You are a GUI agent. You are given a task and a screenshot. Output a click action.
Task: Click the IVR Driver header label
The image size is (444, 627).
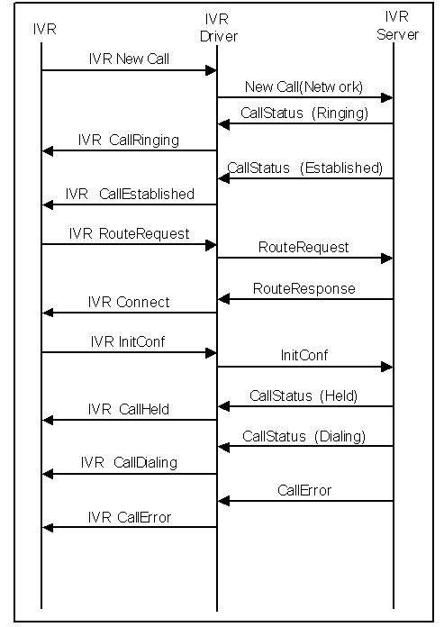(219, 28)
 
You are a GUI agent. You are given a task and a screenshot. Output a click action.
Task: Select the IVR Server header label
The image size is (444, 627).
(397, 25)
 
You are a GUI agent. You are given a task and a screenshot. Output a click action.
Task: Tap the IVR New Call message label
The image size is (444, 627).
(129, 59)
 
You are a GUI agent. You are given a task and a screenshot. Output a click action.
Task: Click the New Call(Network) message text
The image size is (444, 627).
(304, 86)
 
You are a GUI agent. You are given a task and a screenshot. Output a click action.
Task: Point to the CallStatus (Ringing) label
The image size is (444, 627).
(304, 114)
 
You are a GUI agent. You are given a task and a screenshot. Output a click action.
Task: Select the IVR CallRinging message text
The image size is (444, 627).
(129, 141)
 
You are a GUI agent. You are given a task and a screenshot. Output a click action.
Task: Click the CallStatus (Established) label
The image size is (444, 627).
(305, 168)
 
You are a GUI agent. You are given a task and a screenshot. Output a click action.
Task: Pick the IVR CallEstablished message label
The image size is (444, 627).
(130, 194)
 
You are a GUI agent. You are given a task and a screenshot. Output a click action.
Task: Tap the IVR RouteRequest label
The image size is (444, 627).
(129, 234)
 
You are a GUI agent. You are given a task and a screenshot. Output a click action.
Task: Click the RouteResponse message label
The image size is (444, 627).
(304, 288)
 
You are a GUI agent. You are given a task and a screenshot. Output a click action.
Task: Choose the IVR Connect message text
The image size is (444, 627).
(129, 302)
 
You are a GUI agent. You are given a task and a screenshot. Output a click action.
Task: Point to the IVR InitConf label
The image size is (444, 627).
(128, 341)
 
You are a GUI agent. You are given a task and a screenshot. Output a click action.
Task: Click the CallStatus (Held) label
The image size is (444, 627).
(304, 395)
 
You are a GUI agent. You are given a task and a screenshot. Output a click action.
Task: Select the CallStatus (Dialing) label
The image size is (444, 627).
(304, 436)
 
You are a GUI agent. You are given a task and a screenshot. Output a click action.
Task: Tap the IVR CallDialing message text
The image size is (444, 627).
(129, 463)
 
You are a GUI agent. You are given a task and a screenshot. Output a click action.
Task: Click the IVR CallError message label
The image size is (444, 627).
(130, 517)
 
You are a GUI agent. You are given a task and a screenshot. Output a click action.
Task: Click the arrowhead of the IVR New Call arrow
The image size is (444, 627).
(211, 71)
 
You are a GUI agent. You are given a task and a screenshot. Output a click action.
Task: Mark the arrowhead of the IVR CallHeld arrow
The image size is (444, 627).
(48, 420)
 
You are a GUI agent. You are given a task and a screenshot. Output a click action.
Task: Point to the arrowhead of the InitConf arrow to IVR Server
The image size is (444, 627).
(387, 367)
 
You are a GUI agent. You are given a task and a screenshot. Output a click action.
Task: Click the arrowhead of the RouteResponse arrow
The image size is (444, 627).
(223, 299)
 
